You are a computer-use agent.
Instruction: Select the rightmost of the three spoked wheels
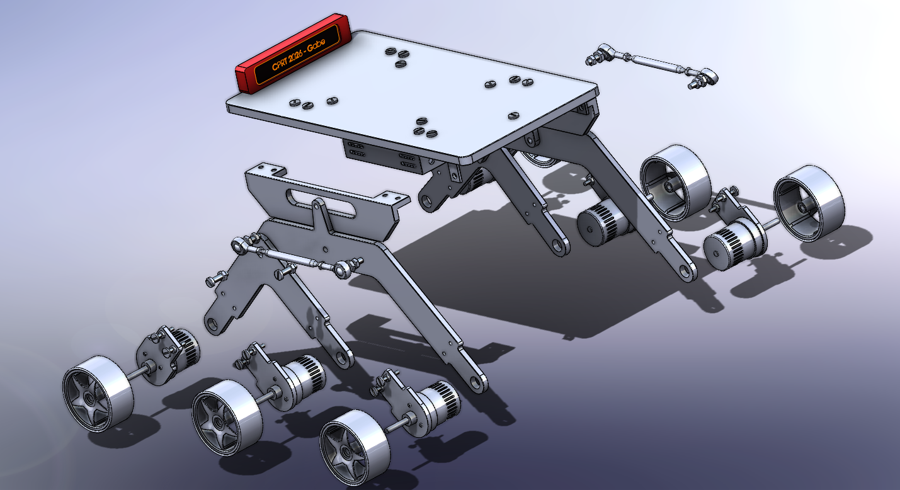[x=351, y=447]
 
